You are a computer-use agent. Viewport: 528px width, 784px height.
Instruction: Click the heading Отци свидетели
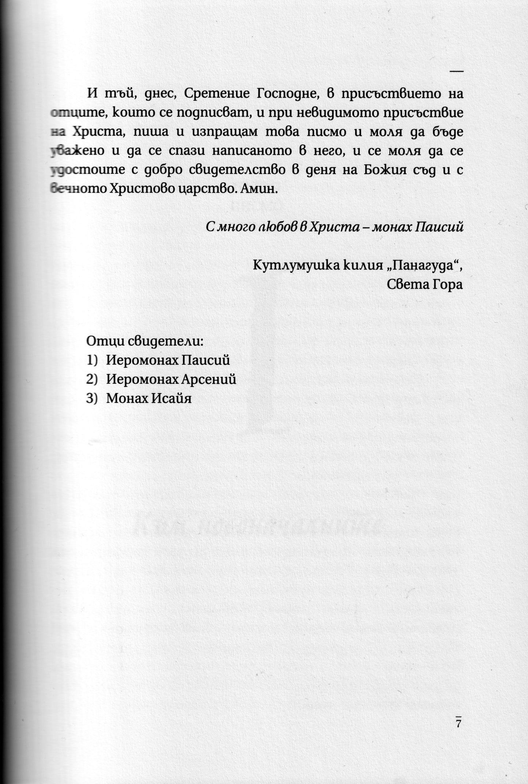click(144, 342)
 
